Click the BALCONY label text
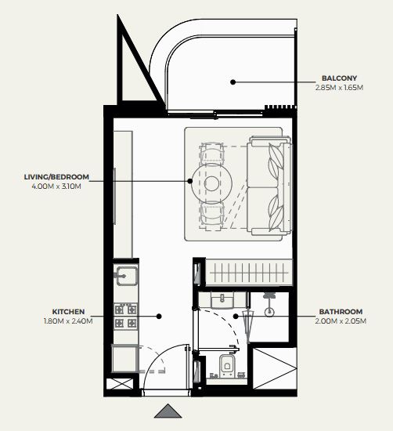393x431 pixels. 339,78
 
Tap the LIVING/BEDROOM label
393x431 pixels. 56,177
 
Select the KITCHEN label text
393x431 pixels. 68,312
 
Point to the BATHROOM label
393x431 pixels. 341,312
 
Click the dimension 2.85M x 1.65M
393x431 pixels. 339,88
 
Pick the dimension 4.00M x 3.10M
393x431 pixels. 56,187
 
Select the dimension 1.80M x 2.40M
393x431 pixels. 68,321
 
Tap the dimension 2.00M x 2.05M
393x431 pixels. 341,321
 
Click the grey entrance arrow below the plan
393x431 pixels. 168,412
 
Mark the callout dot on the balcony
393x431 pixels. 233,82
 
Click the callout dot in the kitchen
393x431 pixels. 159,317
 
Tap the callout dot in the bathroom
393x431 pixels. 236,317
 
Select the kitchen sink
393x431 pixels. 126,276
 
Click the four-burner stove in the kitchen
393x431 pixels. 125,317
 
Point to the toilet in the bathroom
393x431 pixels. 227,365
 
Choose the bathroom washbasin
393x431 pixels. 222,300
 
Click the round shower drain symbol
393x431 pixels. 269,312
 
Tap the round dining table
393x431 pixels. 211,183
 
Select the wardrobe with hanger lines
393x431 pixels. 249,273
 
